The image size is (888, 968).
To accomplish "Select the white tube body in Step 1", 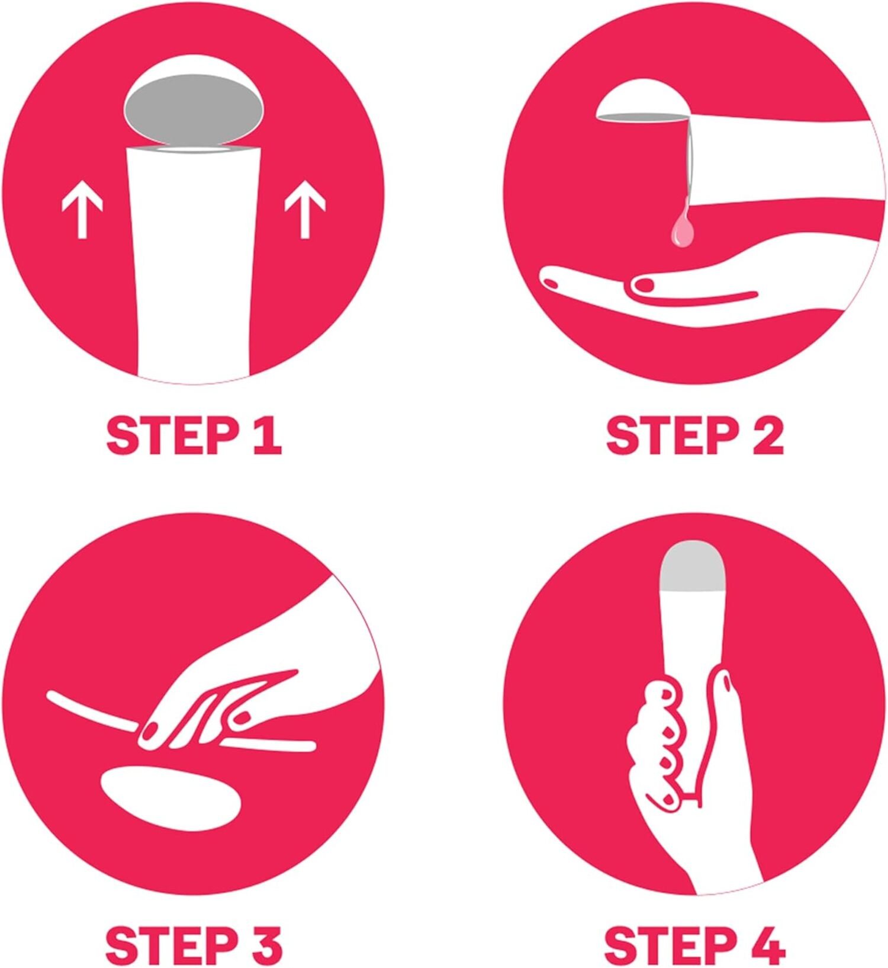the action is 194,261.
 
